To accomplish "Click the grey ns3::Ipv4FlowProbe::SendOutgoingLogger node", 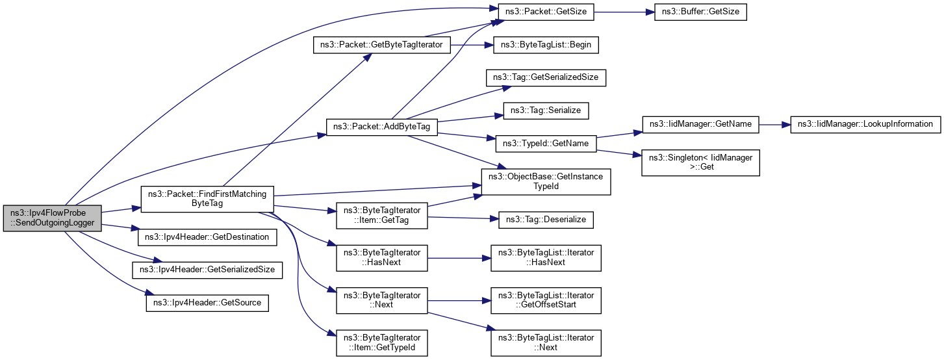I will point(53,218).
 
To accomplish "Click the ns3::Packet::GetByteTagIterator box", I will point(381,45).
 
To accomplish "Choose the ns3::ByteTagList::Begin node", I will point(546,45).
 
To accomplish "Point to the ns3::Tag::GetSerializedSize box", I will point(546,78).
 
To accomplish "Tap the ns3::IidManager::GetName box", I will point(700,123).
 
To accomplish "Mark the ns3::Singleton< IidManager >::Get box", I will point(700,161).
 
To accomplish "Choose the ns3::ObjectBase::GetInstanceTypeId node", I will point(546,181).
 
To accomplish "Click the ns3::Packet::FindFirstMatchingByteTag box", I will point(207,198).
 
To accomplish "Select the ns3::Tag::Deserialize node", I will point(546,219).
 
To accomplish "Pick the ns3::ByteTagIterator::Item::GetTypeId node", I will point(381,342).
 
